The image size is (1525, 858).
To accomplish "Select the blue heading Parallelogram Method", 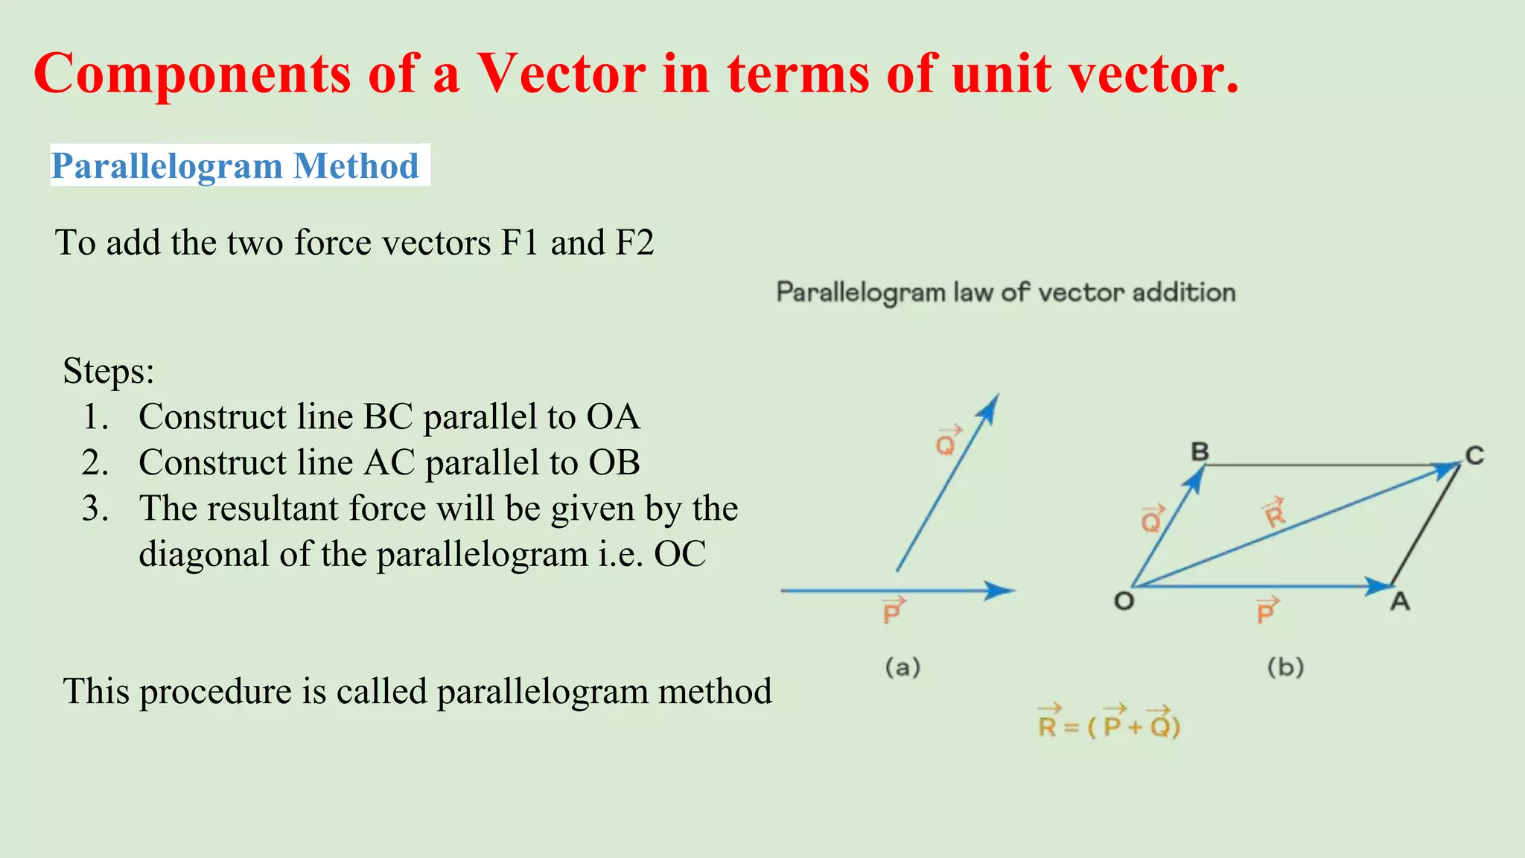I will [x=235, y=165].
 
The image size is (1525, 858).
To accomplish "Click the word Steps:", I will [x=109, y=371].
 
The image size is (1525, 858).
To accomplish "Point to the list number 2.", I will [x=95, y=463].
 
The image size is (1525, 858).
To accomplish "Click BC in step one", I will [x=388, y=417].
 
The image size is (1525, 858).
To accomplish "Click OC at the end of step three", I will [x=680, y=554].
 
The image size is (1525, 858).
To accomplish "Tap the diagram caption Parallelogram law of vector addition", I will [x=1006, y=293].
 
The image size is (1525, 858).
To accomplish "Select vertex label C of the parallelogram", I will [x=1474, y=456].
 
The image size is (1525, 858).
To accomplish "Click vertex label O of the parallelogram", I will [x=1124, y=600].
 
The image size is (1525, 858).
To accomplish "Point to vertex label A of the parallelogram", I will [x=1400, y=601].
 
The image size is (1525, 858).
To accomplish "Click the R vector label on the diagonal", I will [x=1274, y=512].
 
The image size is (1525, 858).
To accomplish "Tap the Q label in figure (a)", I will [x=946, y=442].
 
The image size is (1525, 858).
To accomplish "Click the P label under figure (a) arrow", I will [x=892, y=611].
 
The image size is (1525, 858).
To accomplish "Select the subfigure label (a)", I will [x=902, y=667].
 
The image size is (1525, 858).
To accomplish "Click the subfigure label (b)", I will [x=1285, y=667].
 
